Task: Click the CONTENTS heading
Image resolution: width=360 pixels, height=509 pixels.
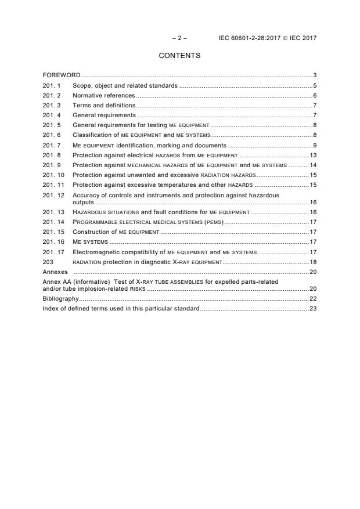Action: tap(179, 56)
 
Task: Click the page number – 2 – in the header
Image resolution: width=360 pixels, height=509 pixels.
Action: tap(179, 38)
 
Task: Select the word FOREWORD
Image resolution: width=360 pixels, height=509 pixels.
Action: tap(62, 75)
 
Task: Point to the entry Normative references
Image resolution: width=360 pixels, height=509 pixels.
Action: tap(103, 95)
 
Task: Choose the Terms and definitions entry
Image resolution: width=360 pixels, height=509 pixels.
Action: tap(104, 105)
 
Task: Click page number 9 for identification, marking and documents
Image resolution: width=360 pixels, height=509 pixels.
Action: tap(314, 145)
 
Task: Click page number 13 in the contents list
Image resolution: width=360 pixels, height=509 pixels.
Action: tap(312, 155)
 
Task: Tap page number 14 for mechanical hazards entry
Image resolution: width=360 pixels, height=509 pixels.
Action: tap(312, 165)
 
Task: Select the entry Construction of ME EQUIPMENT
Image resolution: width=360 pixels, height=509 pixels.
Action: tap(116, 232)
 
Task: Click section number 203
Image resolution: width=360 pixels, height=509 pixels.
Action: tap(48, 262)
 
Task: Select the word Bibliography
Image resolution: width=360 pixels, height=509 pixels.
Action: tap(60, 298)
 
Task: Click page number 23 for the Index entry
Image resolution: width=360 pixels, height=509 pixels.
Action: tap(312, 308)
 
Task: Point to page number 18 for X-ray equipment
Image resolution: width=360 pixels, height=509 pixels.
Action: tap(312, 262)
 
